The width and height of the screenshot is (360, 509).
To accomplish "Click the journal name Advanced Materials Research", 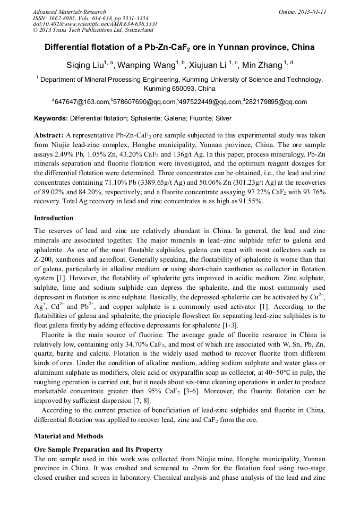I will (69, 12).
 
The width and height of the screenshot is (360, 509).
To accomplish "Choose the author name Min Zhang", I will (262, 65).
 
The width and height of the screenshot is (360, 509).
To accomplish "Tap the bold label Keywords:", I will (51, 118).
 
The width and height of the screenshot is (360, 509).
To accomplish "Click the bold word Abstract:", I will (49, 135).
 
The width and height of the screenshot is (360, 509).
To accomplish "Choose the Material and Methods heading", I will (68, 436).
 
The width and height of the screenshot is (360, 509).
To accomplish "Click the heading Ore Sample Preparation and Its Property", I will (98, 449).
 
